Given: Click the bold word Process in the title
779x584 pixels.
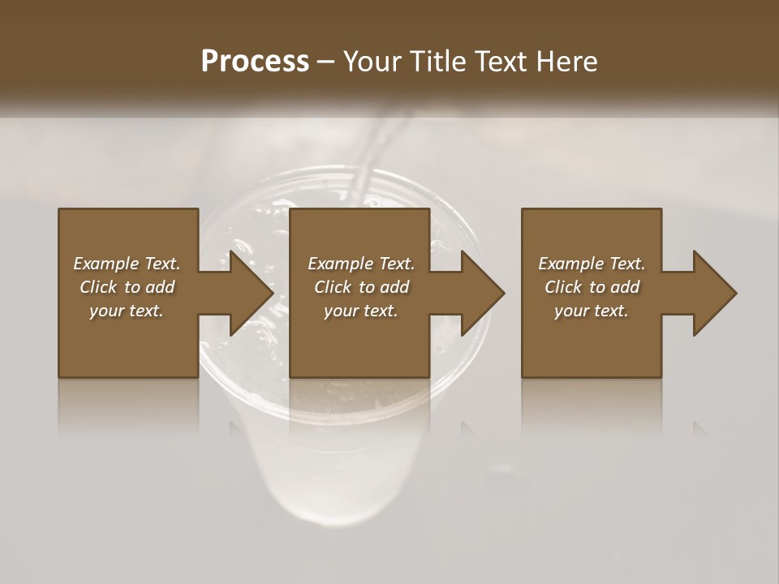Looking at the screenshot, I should [x=255, y=62].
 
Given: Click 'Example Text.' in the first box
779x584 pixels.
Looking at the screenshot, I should [x=127, y=264].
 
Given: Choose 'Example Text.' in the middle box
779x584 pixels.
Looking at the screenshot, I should [x=361, y=264].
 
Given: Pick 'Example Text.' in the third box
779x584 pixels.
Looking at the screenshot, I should [x=592, y=264].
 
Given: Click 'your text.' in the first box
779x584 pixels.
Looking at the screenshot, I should [x=127, y=311].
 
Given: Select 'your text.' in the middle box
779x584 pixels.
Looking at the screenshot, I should [x=361, y=311].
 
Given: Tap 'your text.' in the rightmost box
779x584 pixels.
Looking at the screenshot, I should [x=592, y=311].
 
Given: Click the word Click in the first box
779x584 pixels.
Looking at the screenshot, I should [x=98, y=287].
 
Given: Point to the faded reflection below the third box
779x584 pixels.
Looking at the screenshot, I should [x=592, y=406].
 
